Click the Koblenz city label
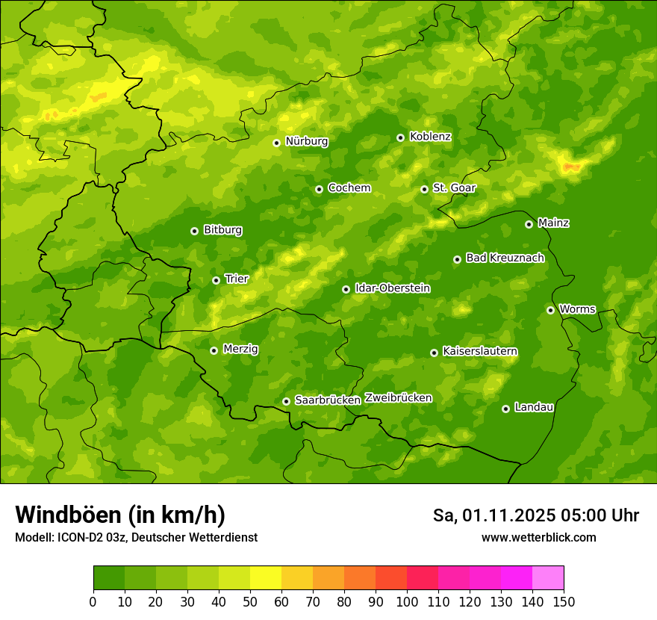430,137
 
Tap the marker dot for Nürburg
276,143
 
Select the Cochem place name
349,188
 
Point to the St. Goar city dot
424,189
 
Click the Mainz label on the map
553,223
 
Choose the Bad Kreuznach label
505,258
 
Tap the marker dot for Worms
550,310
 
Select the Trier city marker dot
216,281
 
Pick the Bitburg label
222,230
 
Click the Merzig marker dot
214,350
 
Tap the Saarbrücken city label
328,400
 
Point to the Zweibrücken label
398,398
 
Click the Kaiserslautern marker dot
434,353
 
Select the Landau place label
534,408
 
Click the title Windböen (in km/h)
120,515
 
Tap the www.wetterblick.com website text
538,537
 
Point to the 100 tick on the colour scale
407,601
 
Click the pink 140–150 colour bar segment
548,578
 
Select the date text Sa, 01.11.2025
493,515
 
